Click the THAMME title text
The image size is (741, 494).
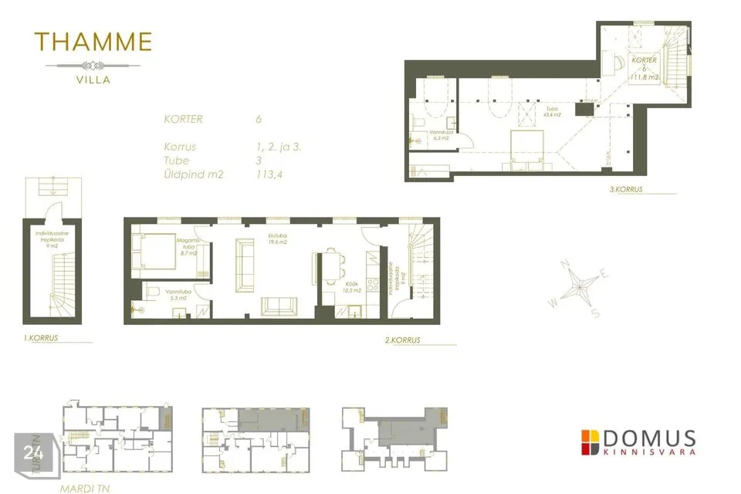coord(93,42)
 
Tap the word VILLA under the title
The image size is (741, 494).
coord(93,79)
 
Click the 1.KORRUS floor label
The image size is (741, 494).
coord(41,338)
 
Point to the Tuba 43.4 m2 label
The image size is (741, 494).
coord(551,111)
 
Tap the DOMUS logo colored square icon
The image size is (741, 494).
coord(590,442)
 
